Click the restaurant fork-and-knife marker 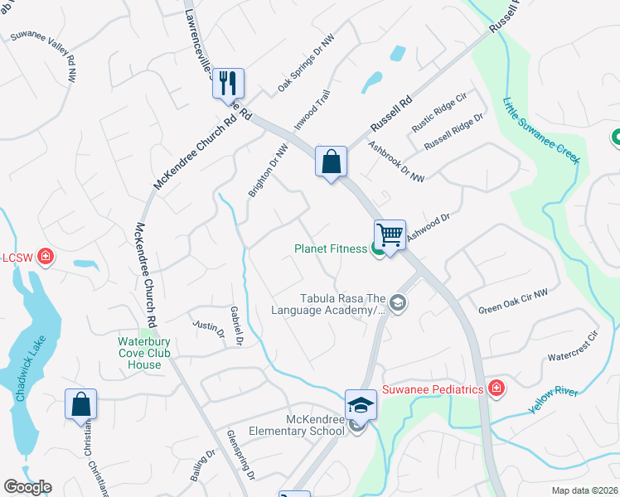pos(228,83)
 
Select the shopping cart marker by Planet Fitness pos(390,234)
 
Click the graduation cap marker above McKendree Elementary pos(361,404)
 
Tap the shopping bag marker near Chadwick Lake pos(80,403)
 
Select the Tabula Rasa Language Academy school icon pos(397,303)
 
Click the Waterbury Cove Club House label pos(138,353)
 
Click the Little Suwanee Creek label pos(540,131)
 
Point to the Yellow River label pos(554,399)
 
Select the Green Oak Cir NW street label pos(513,302)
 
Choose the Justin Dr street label pos(208,329)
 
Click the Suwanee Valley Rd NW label pos(43,54)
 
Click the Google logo pos(28,487)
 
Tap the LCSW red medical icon pos(46,256)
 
